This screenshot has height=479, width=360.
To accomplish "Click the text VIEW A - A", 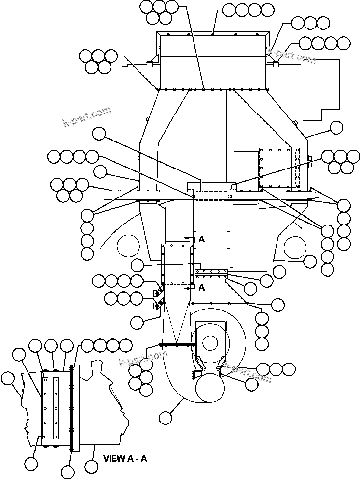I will coord(125,459).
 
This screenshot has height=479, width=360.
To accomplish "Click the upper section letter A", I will coord(201,239).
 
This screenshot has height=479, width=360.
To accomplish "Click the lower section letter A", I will coord(201,288).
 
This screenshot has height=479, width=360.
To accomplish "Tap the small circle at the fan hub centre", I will coord(210,342).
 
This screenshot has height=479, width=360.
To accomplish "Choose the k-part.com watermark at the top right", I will coord(292,56).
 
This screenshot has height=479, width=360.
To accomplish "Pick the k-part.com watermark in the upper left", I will coord(86,117).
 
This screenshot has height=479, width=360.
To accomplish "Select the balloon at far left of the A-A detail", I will coord(8,378).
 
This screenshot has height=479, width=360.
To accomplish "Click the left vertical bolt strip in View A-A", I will coord(45,407).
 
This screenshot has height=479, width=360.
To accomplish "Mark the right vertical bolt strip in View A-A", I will coord(56,407).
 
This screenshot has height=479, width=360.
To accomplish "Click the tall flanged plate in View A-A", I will coord(72,408).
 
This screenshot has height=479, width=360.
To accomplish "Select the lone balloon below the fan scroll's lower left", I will coord(166,418).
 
